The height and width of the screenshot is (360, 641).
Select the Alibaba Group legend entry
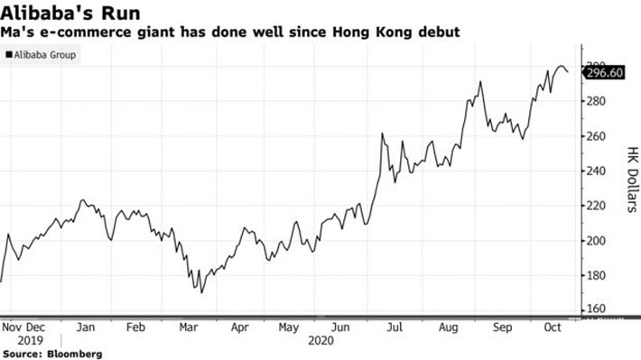point(41,56)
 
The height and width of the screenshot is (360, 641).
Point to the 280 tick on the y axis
point(599,101)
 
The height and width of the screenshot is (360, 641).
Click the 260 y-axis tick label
point(599,136)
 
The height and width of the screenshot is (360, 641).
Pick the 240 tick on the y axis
point(599,171)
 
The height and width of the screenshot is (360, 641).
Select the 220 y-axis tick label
point(599,206)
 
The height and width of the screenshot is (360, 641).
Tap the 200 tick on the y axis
point(599,241)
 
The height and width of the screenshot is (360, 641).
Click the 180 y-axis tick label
point(599,275)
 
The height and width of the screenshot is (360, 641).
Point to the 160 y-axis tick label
point(599,309)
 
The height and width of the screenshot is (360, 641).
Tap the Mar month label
point(189,328)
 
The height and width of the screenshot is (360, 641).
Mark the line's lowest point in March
point(201,292)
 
